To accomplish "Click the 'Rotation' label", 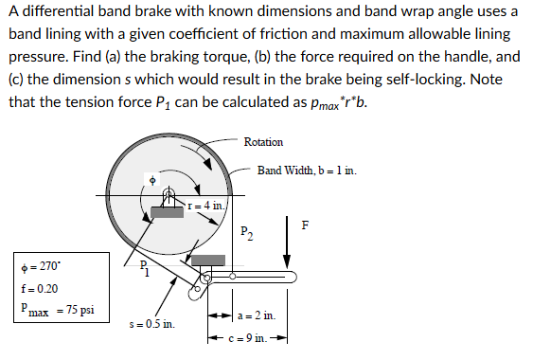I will click(263, 142).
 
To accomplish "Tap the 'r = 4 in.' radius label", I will click(205, 206).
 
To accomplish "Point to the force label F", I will click(304, 225).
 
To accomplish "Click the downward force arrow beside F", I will click(286, 242).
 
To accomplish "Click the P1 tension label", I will click(143, 269).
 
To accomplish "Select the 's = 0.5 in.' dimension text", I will click(152, 324).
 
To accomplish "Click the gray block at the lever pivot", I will click(208, 260).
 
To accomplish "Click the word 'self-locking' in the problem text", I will click(372, 80).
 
